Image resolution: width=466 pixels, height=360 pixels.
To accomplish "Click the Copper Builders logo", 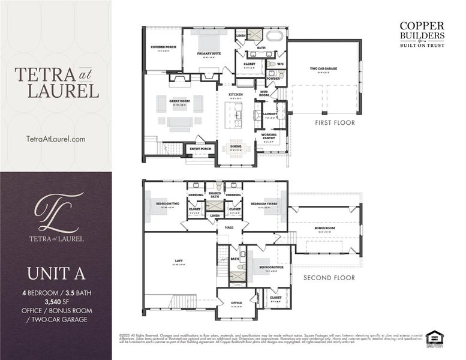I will pos(422,34).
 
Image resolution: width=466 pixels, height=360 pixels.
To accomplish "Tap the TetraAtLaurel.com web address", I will pos(56,139).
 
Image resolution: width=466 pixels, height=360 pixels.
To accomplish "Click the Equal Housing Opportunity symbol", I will pos(433,337).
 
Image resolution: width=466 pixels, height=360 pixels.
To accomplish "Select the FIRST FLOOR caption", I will pos(335,122).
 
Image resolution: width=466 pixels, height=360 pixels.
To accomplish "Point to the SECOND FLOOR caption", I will pos(329,278).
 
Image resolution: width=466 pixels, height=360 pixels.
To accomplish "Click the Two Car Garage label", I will pos(323,68).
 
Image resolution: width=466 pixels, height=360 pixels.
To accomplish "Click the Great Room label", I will pos(179,101).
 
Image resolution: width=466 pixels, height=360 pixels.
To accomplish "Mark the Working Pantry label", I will pos(268,136).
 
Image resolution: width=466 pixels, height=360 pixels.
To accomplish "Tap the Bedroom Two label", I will pos(168,204).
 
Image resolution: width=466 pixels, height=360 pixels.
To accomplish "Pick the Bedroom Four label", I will pos(267,267).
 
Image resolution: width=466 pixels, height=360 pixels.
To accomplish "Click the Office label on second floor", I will pos(236,302).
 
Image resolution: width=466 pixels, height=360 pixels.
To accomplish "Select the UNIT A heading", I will pos(56,273).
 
